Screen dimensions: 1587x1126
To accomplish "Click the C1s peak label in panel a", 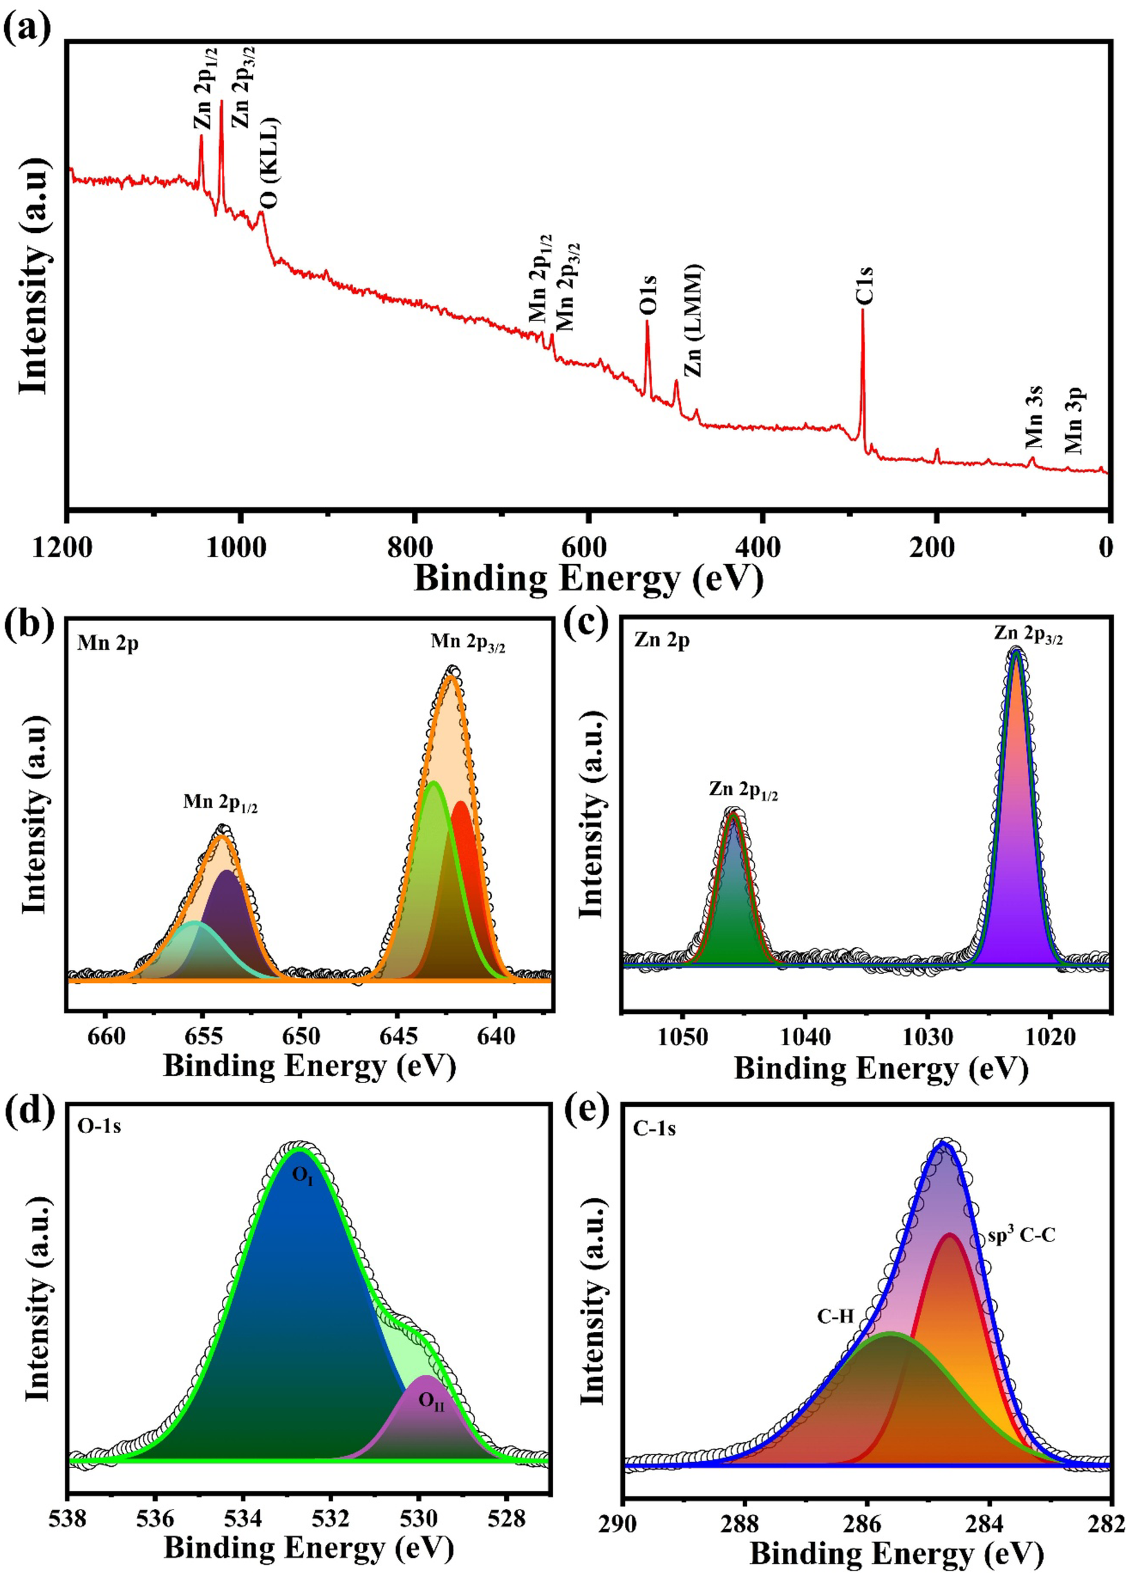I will pyautogui.click(x=864, y=285).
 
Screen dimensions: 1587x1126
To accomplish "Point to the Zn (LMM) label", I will pyautogui.click(x=693, y=320).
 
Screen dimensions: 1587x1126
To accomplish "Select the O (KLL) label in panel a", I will pyautogui.click(x=270, y=163).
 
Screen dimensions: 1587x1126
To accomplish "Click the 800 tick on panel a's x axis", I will pyautogui.click(x=415, y=547).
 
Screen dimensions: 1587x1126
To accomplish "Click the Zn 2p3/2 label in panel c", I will pyautogui.click(x=1029, y=635).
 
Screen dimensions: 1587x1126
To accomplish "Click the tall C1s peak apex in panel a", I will pyautogui.click(x=863, y=310).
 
